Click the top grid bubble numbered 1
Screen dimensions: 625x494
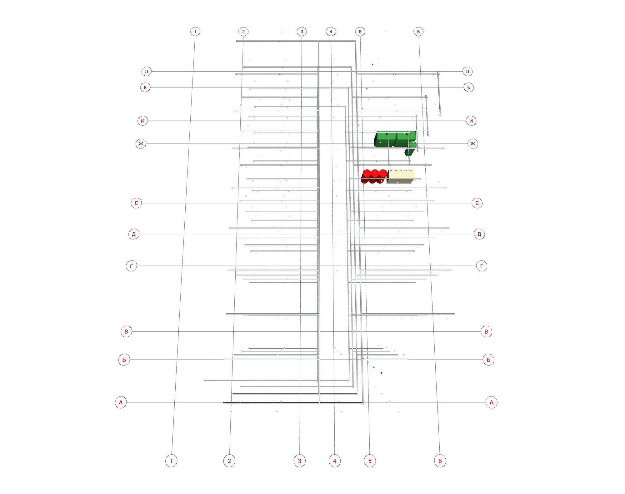[195, 32]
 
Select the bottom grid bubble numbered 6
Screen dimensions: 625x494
[440, 461]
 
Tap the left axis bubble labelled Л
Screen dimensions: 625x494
[146, 71]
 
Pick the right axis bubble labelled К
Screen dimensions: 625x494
[469, 87]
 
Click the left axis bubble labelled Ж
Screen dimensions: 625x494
[141, 144]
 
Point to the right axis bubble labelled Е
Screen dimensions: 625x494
[477, 203]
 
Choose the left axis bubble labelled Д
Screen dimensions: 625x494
[134, 234]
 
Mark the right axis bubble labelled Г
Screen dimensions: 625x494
[482, 266]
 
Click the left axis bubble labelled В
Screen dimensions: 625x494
[126, 331]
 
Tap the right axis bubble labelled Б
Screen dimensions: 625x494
[488, 360]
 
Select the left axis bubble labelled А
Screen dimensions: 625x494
[121, 402]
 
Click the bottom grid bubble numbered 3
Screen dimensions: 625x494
[299, 461]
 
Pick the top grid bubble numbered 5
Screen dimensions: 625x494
[360, 32]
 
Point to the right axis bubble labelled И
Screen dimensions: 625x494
[471, 121]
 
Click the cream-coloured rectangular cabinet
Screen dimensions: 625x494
[400, 176]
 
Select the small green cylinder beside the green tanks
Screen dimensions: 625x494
[411, 149]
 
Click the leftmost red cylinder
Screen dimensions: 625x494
[366, 176]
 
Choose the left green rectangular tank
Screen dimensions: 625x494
[385, 139]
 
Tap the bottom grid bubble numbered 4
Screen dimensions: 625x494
[335, 461]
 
